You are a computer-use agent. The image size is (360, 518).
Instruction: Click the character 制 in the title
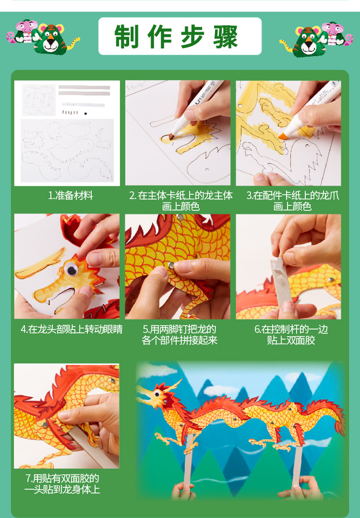[x=126, y=36]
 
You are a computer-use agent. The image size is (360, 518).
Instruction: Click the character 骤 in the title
[x=225, y=36]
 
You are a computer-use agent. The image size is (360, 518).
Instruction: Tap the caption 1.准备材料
[x=71, y=196]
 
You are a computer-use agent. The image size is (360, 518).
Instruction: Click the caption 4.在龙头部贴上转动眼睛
[x=72, y=329]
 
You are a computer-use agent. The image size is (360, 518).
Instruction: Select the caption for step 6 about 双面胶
[x=291, y=335]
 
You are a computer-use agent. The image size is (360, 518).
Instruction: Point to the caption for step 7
[x=62, y=484]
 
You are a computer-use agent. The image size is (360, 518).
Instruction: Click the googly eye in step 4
[x=71, y=270]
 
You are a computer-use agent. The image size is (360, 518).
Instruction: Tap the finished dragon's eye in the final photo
[x=157, y=394]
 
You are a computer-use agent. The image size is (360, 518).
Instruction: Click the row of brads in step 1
[x=70, y=113]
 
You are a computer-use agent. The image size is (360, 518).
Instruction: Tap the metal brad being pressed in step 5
[x=171, y=265]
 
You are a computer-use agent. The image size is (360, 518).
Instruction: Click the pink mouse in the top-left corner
[x=24, y=33]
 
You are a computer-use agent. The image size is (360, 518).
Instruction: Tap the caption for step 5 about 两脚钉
[x=180, y=335]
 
